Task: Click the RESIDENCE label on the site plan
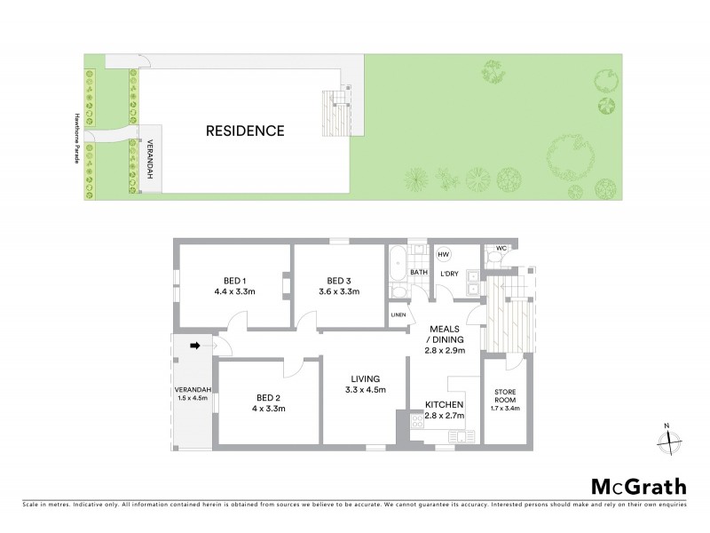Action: [x=245, y=131]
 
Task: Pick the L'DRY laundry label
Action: [x=450, y=273]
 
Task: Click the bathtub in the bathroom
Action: [x=398, y=264]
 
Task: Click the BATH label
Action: [x=419, y=273]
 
